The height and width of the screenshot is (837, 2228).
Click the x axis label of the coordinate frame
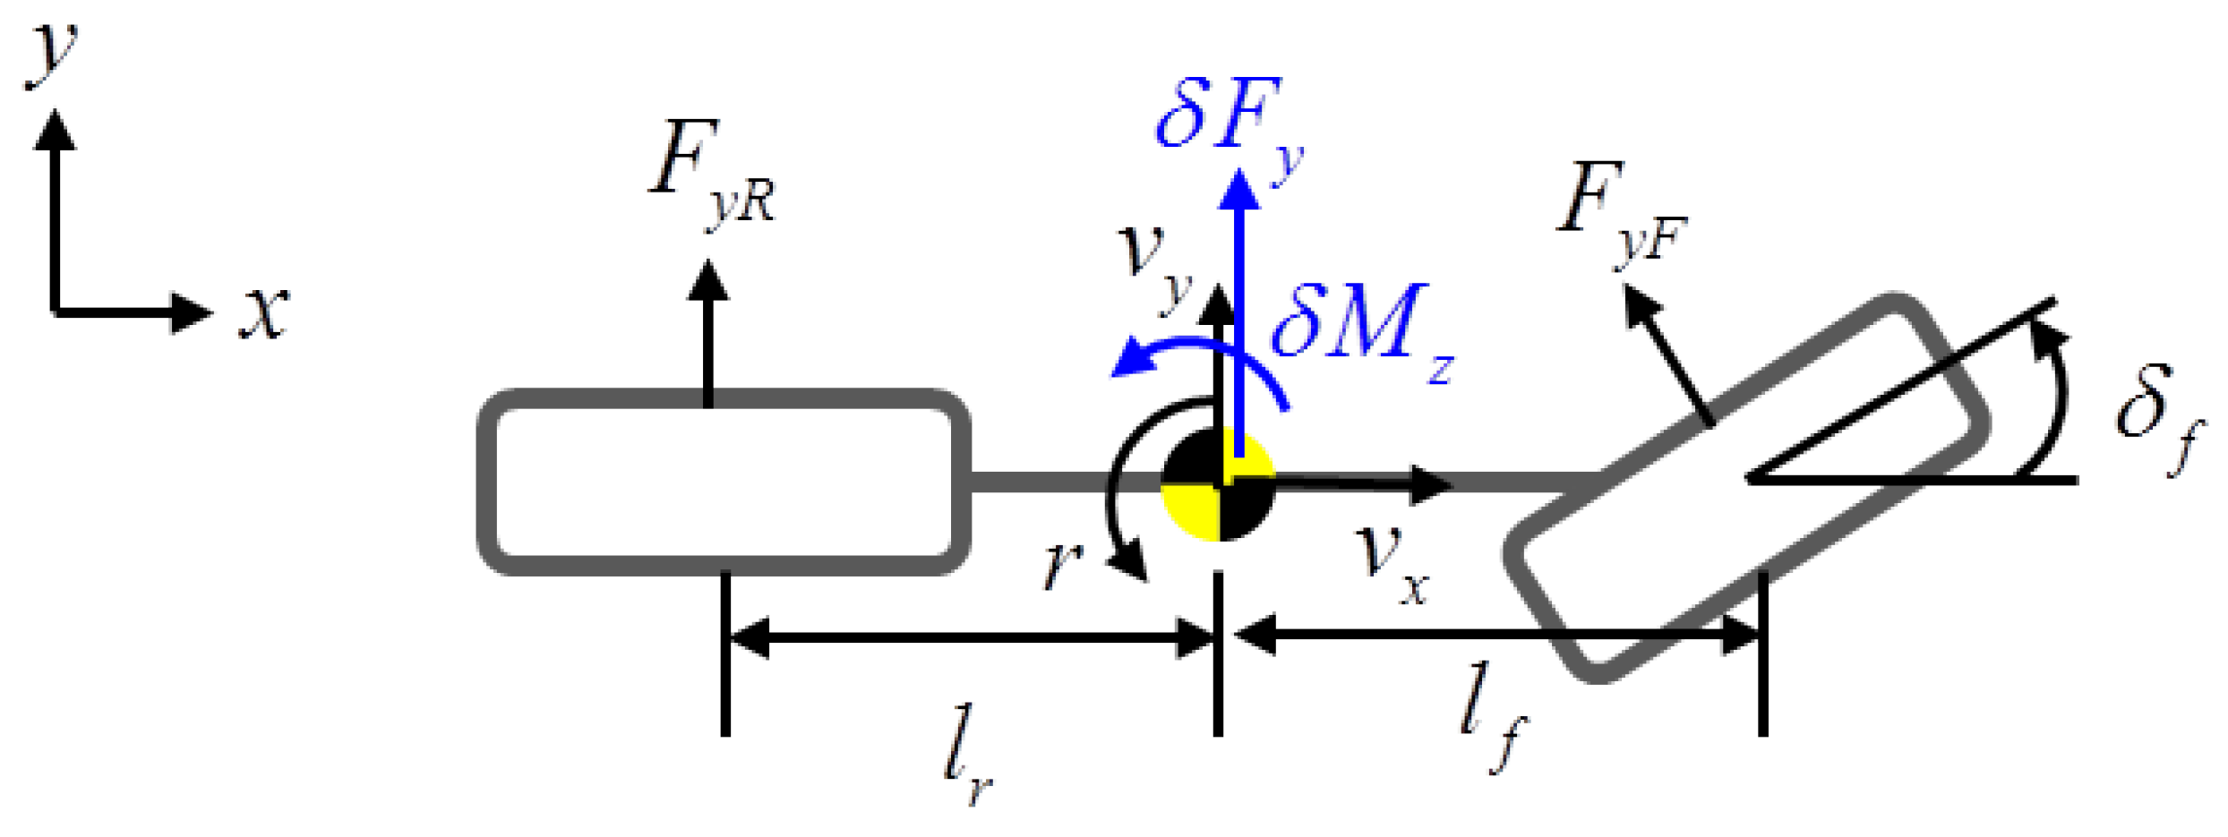pyautogui.click(x=265, y=313)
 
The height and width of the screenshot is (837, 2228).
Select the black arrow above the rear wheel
pyautogui.click(x=708, y=331)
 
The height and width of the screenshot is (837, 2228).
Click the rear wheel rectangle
pyautogui.click(x=724, y=482)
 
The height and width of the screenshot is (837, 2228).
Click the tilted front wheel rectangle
pyautogui.click(x=1746, y=488)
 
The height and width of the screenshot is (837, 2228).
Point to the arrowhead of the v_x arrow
pyautogui.click(x=1430, y=484)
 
